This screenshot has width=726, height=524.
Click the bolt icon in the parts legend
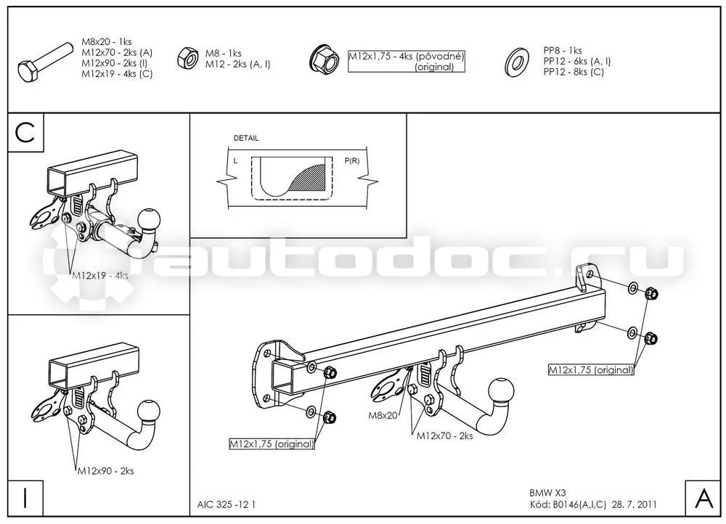tap(45, 63)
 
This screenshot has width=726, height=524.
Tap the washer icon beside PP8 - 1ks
tap(517, 62)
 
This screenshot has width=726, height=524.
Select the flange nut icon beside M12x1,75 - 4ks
tap(323, 60)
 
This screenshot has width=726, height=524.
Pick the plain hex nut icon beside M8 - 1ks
tap(187, 58)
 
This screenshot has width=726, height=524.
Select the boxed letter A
tap(704, 499)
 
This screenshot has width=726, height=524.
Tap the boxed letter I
tap(25, 498)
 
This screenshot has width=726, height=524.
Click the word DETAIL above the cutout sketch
tap(246, 138)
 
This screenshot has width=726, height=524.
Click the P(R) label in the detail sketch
tap(352, 161)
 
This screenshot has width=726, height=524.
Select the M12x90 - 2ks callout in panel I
tap(105, 471)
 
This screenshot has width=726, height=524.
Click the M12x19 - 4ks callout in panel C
tap(100, 275)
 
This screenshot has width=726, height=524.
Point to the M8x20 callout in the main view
tap(383, 415)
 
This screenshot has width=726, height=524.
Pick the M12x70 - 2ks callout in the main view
tap(444, 435)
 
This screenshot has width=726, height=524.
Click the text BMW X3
tap(547, 493)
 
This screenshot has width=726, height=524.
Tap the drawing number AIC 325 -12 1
tap(227, 504)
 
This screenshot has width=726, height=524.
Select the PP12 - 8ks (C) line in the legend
tap(574, 72)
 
